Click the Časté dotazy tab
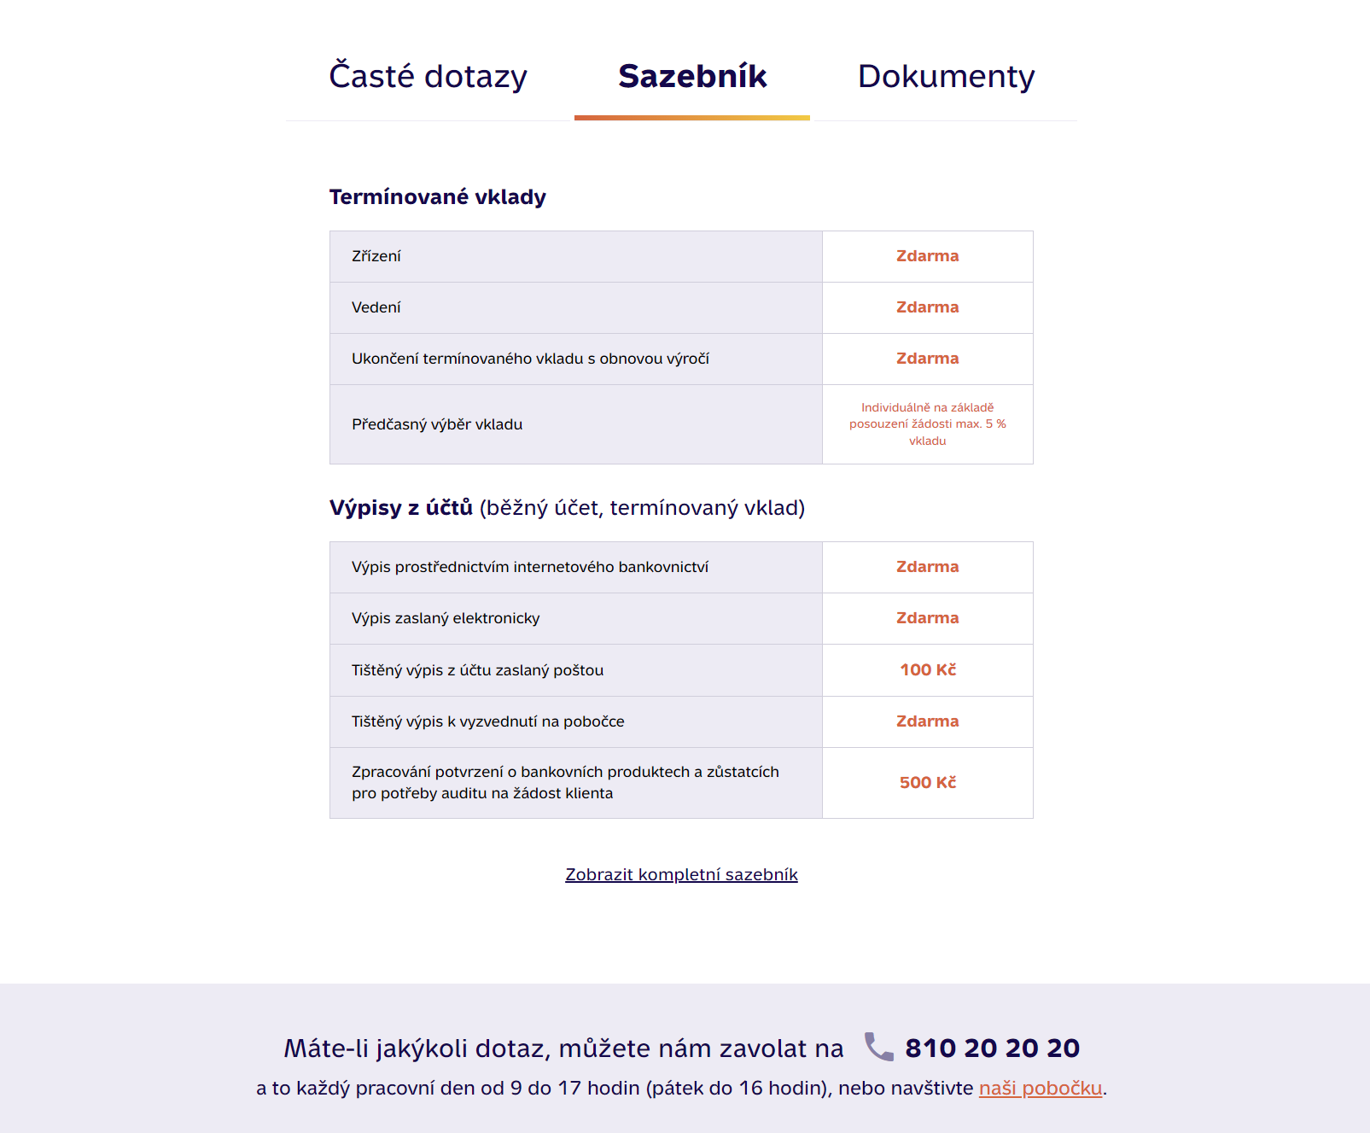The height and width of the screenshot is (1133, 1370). tap(428, 77)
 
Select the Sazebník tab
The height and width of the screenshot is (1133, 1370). tap(692, 77)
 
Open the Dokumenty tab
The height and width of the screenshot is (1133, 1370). tap(946, 77)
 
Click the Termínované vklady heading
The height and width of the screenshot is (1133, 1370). tap(437, 197)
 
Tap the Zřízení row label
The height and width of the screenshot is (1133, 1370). tap(376, 256)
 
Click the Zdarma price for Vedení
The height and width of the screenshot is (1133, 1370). tap(927, 307)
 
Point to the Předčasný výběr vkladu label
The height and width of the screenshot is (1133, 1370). tap(436, 424)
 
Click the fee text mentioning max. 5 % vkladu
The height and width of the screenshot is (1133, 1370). tap(927, 424)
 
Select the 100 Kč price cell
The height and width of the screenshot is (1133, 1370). tap(927, 670)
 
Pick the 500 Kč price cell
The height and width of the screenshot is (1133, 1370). tap(927, 783)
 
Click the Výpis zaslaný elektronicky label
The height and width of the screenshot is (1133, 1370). tap(445, 618)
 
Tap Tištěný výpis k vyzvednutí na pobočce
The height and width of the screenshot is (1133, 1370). tap(487, 721)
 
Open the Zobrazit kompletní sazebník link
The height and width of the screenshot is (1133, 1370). tap(681, 874)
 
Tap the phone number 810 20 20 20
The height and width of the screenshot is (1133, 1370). tap(992, 1048)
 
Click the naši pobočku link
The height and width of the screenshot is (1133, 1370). tap(1040, 1089)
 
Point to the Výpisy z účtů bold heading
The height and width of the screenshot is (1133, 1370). tap(400, 508)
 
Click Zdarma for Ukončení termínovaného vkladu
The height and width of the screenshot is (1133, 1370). tap(927, 359)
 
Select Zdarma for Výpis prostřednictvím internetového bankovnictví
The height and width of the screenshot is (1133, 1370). tap(927, 567)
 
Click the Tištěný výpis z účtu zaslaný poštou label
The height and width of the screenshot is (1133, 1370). tap(477, 670)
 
